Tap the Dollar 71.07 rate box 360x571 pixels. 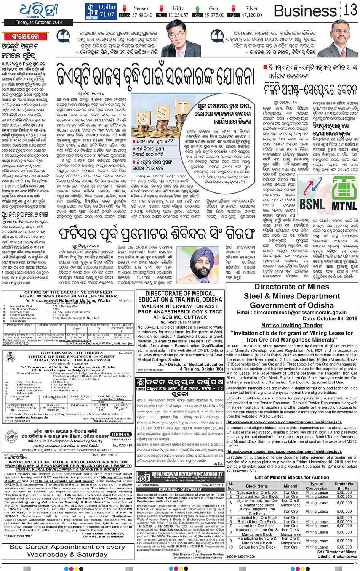pyautogui.click(x=101, y=11)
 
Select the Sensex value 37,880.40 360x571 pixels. pyautogui.click(x=142, y=15)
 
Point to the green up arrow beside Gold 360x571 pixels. pyautogui.click(x=197, y=8)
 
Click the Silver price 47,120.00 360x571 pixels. pyautogui.click(x=251, y=15)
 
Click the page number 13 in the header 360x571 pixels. pyautogui.click(x=350, y=10)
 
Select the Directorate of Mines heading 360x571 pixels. pyautogui.click(x=292, y=287)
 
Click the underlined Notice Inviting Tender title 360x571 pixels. pyautogui.click(x=292, y=325)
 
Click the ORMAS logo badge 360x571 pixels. pyautogui.click(x=121, y=434)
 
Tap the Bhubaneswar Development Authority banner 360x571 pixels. pyautogui.click(x=180, y=477)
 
